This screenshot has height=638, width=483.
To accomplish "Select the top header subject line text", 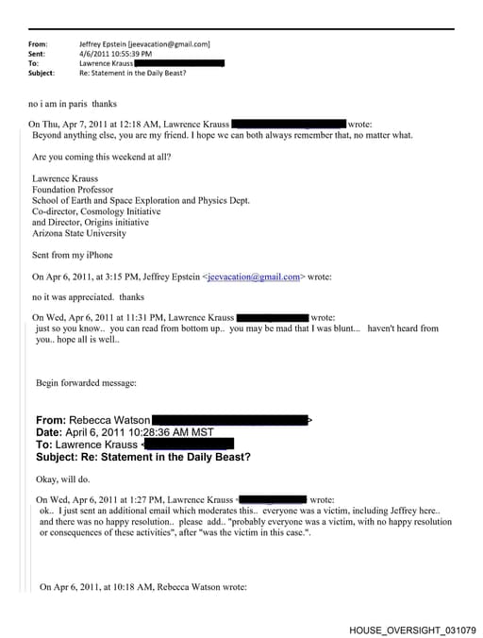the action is click(x=142, y=73).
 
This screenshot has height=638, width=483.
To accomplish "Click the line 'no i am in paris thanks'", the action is click(x=73, y=104).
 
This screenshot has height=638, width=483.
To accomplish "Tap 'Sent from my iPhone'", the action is click(x=73, y=255).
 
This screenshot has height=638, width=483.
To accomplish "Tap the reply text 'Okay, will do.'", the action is click(x=65, y=478).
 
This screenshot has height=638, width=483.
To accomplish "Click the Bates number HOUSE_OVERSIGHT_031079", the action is click(x=412, y=629).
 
